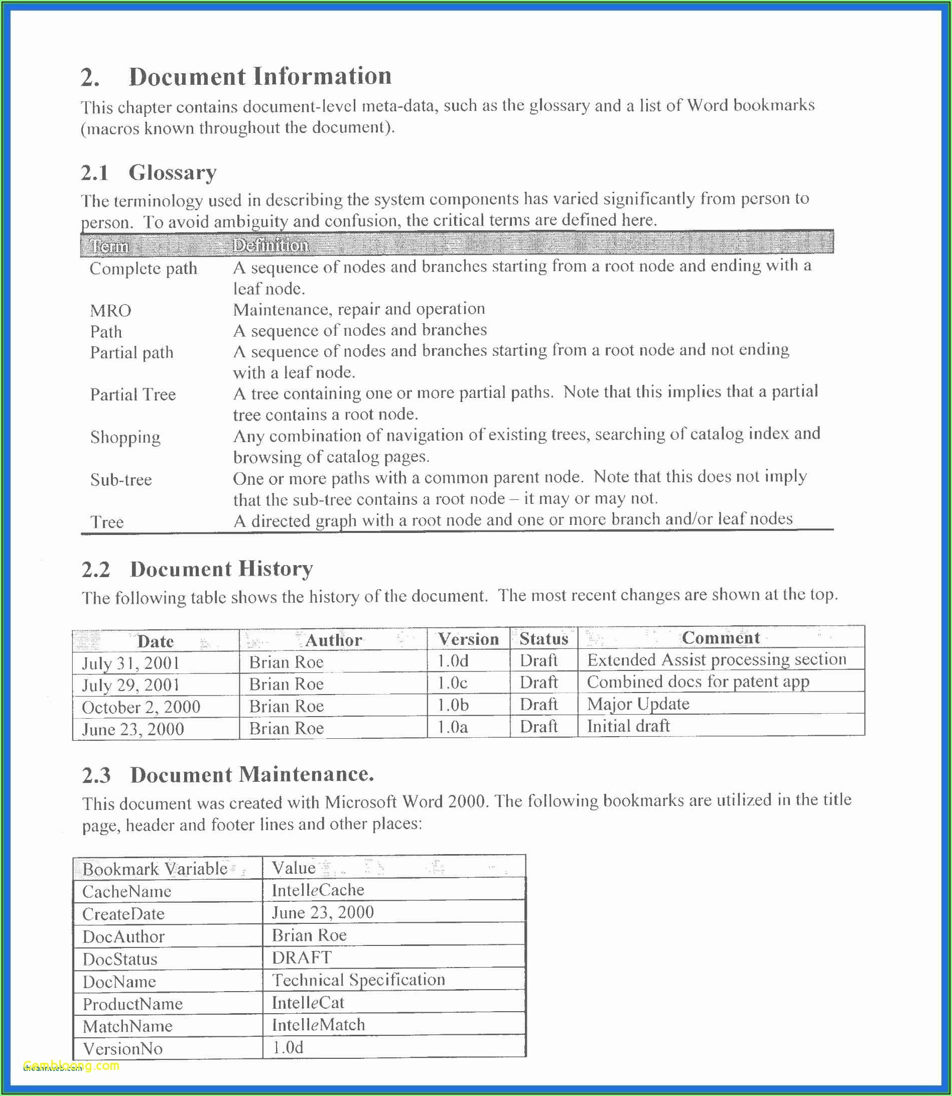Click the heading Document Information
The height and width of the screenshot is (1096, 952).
(x=260, y=76)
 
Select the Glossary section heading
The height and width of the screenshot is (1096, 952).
(x=172, y=173)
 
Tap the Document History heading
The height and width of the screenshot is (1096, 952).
(x=221, y=569)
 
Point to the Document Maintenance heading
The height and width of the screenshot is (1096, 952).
(x=252, y=775)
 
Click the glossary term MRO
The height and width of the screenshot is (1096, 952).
(x=110, y=310)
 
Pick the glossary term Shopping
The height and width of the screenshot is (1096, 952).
(x=125, y=437)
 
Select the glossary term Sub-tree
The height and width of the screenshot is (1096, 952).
(x=121, y=480)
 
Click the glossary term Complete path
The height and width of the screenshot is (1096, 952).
(x=144, y=268)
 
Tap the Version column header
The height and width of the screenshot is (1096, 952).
(x=468, y=639)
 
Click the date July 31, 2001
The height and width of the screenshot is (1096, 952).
(x=130, y=663)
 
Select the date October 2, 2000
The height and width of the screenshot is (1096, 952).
(x=141, y=707)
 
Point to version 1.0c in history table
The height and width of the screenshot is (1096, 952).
(x=452, y=682)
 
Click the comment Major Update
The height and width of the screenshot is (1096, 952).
(x=638, y=704)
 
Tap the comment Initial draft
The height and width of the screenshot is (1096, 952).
(x=628, y=726)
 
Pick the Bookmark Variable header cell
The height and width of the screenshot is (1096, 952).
(x=155, y=869)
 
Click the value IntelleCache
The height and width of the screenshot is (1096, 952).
(x=318, y=890)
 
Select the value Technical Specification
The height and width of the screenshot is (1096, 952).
(x=358, y=979)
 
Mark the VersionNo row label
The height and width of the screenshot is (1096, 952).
(x=123, y=1048)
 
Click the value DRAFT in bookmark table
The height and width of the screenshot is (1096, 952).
(x=302, y=957)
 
